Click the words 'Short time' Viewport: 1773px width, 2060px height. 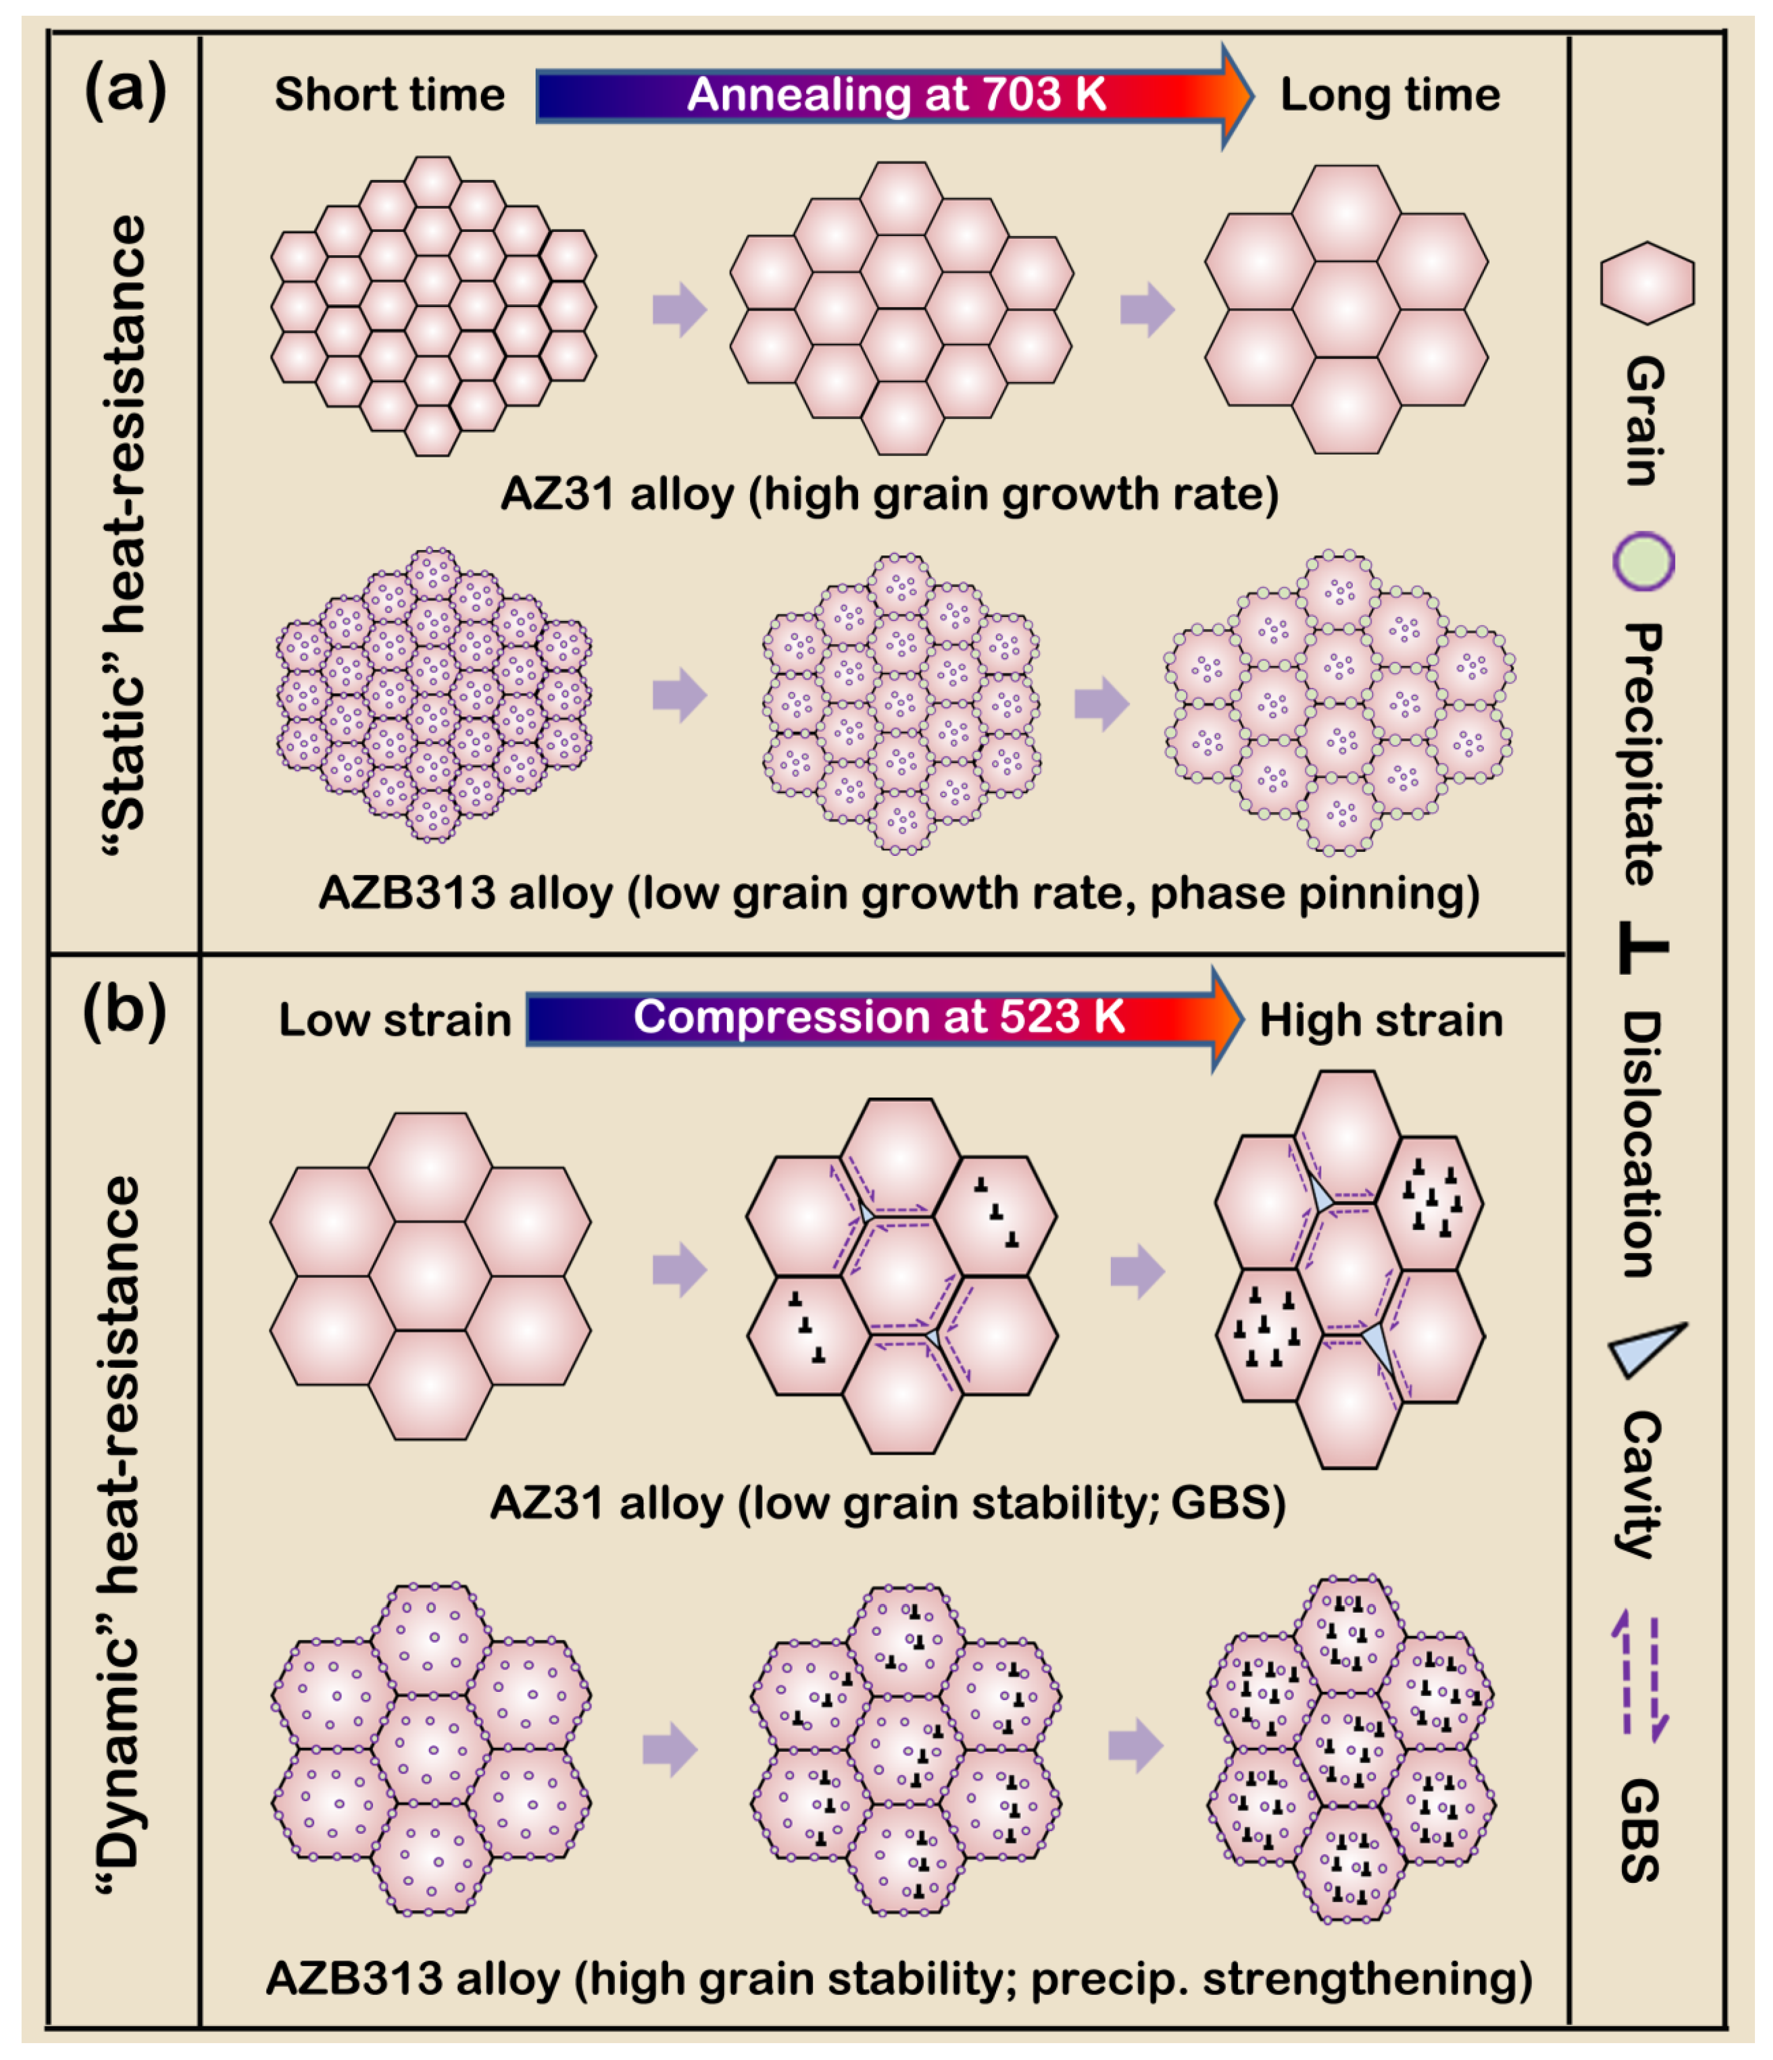pyautogui.click(x=390, y=96)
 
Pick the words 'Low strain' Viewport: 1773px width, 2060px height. pyautogui.click(x=395, y=1020)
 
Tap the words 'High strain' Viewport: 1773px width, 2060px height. pyautogui.click(x=1381, y=1020)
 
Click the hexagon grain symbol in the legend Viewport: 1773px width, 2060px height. pyautogui.click(x=1647, y=283)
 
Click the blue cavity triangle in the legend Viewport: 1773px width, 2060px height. pyautogui.click(x=1646, y=1349)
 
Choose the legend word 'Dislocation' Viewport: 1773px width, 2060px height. pyautogui.click(x=1642, y=1144)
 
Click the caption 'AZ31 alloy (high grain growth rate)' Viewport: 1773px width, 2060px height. pyautogui.click(x=889, y=494)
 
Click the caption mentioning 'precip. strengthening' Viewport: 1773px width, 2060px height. pyautogui.click(x=899, y=1978)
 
